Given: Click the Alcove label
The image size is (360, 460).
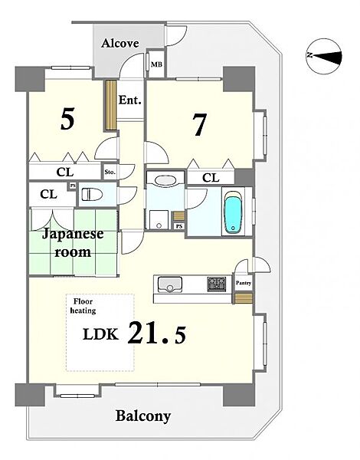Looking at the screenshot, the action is (x=120, y=44).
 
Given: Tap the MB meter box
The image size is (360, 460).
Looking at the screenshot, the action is (x=156, y=64).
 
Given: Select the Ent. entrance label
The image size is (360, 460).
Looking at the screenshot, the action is (x=130, y=100).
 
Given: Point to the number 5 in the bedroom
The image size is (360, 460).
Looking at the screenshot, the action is (x=67, y=119).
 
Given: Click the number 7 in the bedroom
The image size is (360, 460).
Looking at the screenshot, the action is (x=200, y=124).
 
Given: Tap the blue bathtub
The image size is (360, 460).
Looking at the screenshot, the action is (x=234, y=212).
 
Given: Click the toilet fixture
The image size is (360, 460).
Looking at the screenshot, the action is (x=92, y=195).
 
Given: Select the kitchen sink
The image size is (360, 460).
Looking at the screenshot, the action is (x=170, y=284).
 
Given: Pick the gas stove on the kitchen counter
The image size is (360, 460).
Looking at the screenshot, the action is (x=217, y=284).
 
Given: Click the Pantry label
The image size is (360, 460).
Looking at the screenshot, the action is (x=244, y=283).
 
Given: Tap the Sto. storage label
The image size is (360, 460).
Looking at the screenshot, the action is (x=110, y=172).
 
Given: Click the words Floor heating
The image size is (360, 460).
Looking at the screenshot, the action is (x=83, y=306).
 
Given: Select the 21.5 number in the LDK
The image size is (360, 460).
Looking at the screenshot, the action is (x=157, y=333).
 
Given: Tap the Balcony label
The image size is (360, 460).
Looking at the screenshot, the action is (x=143, y=416).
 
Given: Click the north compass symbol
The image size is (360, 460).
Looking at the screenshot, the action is (x=324, y=55).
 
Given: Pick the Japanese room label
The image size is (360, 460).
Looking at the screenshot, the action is (x=73, y=243).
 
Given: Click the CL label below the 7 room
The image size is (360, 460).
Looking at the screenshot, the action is (x=211, y=178).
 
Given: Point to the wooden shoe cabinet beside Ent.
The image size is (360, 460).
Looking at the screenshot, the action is (x=111, y=105).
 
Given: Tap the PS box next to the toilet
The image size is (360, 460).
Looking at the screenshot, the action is (x=72, y=186).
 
